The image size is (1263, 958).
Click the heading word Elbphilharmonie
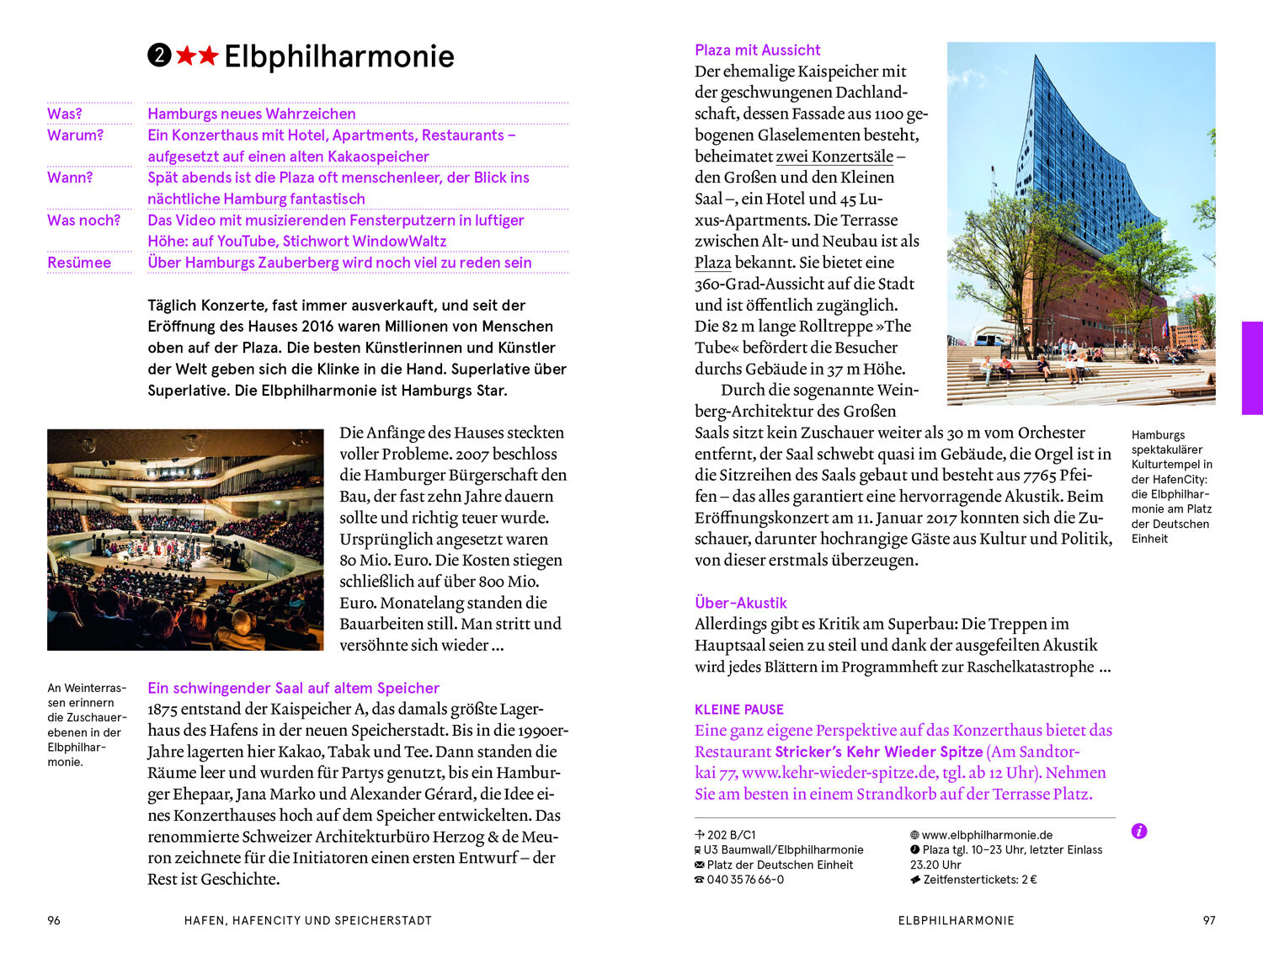(338, 56)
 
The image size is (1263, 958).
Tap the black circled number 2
(159, 56)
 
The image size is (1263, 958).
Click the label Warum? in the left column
(75, 136)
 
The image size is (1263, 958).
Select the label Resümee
(79, 263)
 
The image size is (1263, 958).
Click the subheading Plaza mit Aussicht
(757, 50)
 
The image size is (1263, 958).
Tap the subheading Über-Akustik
(740, 603)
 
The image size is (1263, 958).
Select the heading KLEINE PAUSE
(738, 710)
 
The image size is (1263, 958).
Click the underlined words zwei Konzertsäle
(834, 157)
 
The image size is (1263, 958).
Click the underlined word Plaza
(712, 263)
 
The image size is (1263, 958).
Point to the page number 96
(54, 920)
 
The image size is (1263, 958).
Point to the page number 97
(1209, 920)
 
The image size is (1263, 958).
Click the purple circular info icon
(1139, 832)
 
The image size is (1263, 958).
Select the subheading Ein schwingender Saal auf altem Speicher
(293, 688)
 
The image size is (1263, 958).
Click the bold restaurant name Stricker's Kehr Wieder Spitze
(878, 752)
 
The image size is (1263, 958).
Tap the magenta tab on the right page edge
(1252, 368)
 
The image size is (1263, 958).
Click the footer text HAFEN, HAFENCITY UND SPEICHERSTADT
(307, 920)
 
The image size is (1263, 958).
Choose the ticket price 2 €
(1028, 880)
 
